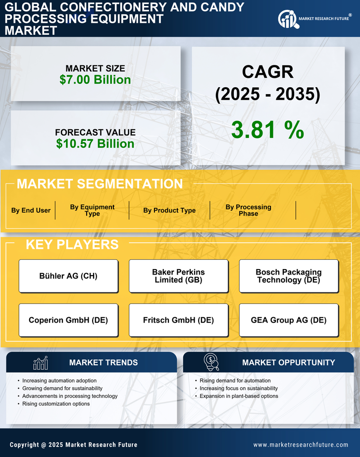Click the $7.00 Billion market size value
95,80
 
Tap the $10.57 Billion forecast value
95,144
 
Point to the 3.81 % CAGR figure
267,130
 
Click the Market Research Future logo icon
287,19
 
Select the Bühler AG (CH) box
68,276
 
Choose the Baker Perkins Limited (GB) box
178,276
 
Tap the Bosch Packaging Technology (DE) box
289,276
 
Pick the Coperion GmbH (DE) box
68,320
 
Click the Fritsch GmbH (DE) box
178,320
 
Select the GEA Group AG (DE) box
289,320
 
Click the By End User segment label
31,210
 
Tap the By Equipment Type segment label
92,210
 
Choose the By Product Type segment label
169,210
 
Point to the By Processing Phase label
248,210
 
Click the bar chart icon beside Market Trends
40,363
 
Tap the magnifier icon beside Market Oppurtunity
211,362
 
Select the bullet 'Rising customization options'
56,404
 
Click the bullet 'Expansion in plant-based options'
239,396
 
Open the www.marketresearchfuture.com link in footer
301,445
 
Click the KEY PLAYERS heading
72,244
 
